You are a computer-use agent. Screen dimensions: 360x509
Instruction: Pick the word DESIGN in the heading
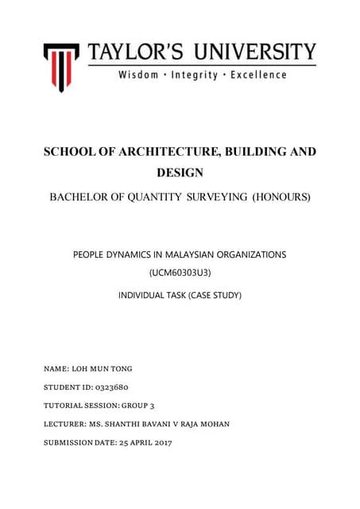[x=180, y=172]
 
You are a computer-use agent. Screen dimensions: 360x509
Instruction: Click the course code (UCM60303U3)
[x=180, y=274]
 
